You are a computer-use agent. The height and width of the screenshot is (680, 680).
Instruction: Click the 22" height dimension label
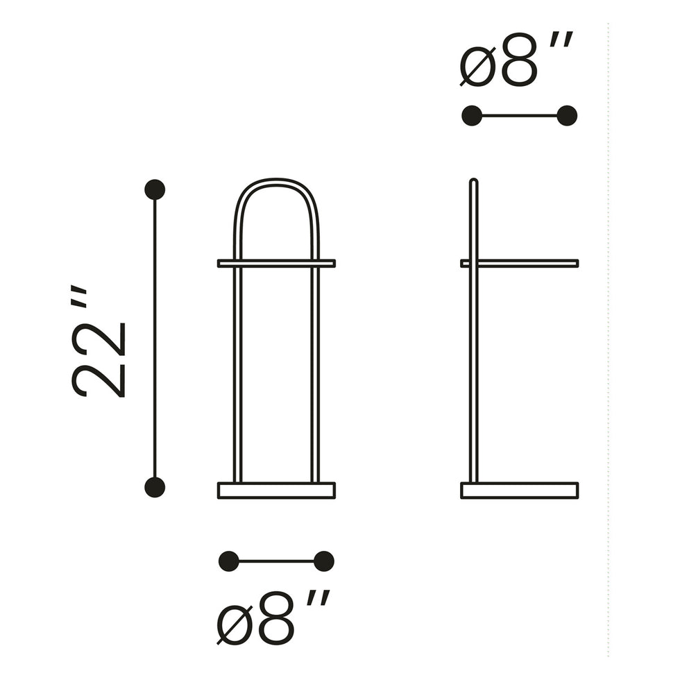click(x=99, y=341)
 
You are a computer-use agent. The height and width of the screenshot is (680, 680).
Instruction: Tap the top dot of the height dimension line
click(x=155, y=189)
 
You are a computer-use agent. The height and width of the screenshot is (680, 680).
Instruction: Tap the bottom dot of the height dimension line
click(x=155, y=487)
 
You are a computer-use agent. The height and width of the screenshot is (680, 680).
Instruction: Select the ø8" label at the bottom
click(x=273, y=618)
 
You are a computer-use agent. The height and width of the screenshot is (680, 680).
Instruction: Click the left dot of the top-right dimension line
click(x=472, y=116)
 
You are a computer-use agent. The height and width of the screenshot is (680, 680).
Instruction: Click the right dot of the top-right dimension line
click(x=567, y=116)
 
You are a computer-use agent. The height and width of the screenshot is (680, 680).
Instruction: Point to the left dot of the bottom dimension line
click(x=228, y=561)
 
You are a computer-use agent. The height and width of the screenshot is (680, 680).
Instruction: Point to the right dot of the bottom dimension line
click(x=323, y=561)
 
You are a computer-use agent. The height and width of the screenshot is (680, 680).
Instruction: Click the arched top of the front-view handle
click(x=276, y=182)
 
